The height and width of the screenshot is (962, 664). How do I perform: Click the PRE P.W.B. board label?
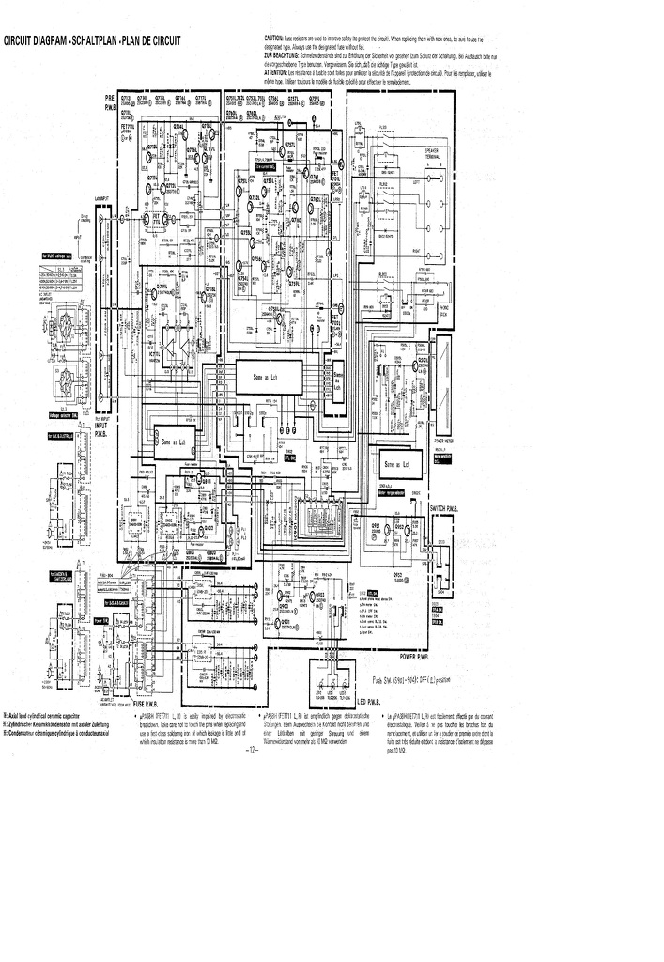[111, 102]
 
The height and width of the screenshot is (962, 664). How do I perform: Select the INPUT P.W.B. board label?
[105, 429]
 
